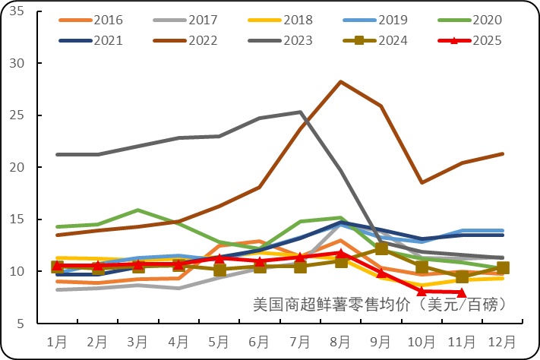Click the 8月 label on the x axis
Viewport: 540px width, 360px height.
point(340,341)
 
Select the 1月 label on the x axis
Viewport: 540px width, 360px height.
point(57,341)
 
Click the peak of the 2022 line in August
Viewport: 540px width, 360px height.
point(341,81)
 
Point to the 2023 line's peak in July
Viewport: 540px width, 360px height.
point(301,112)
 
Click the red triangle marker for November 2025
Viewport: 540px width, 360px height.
point(462,292)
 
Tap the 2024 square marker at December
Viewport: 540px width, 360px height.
point(503,267)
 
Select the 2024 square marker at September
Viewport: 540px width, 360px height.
point(381,248)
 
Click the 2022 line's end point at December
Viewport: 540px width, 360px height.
point(503,153)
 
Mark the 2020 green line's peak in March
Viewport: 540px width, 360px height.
point(138,210)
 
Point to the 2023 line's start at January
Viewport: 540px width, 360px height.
point(58,154)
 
